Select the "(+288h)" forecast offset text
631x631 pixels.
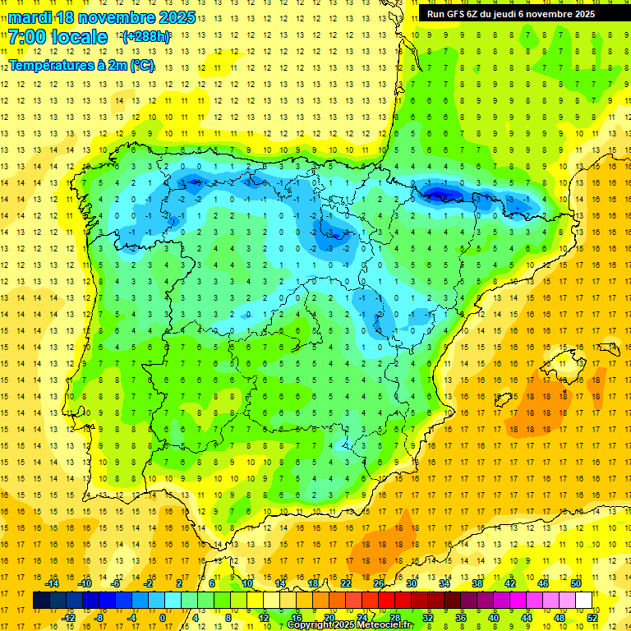[146, 38]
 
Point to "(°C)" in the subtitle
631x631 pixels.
[140, 65]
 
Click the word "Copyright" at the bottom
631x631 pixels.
[311, 625]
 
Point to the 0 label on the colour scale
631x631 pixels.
[163, 618]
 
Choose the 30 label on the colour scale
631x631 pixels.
[412, 583]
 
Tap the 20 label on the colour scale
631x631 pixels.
[329, 618]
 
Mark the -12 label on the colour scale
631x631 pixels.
[68, 618]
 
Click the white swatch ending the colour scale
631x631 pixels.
[584, 601]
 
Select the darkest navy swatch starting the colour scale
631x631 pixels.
[42, 601]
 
